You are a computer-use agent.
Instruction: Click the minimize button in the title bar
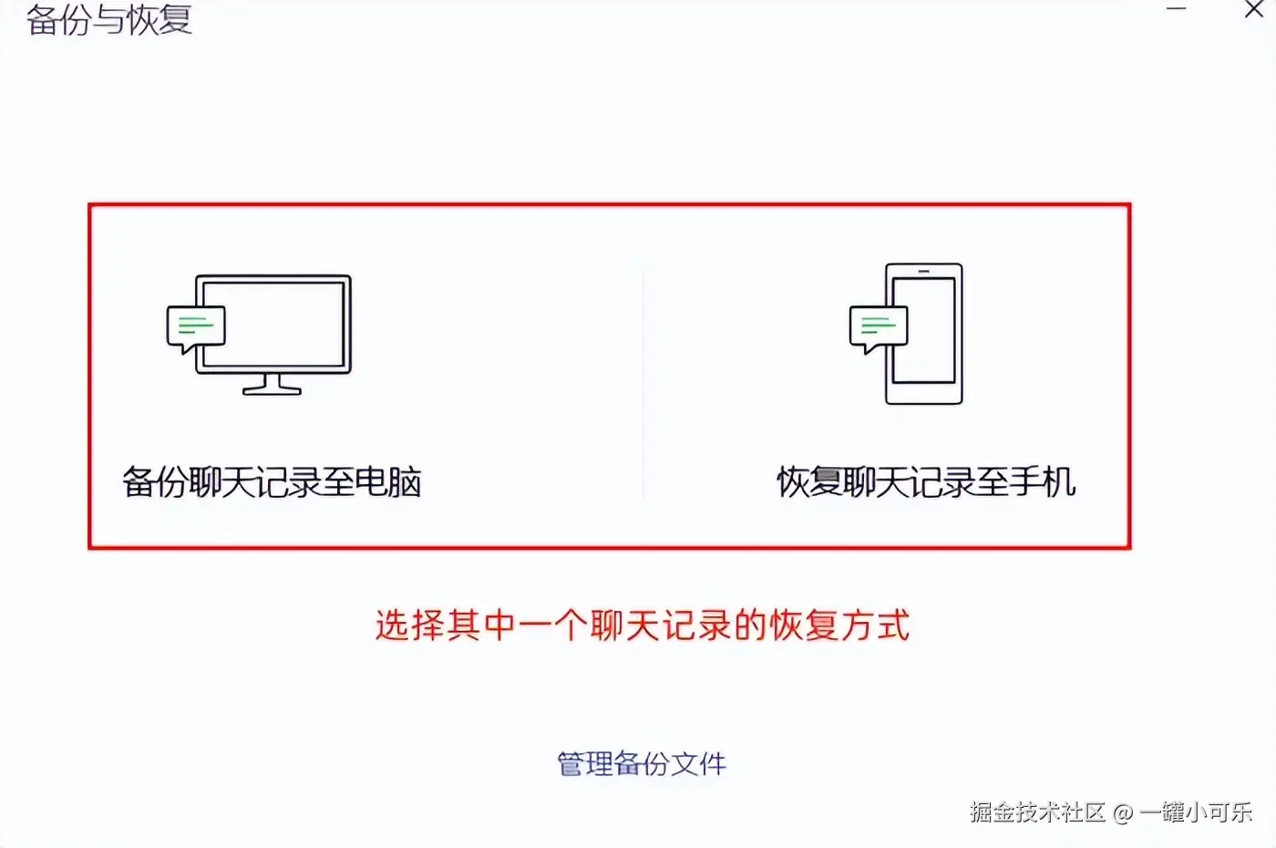pos(1176,8)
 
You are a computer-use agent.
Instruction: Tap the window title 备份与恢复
pos(109,19)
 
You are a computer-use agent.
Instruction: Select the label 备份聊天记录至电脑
pos(272,482)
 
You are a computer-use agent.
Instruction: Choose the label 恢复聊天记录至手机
pos(926,482)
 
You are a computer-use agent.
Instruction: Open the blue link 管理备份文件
pos(642,764)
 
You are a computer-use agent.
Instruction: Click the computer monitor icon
pos(273,335)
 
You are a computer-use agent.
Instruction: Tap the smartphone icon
pos(924,334)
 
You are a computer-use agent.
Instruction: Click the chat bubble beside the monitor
pos(196,329)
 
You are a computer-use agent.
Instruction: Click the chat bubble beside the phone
pos(879,329)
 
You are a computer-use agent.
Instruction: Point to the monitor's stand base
pos(272,390)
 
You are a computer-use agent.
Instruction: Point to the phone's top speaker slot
pos(924,272)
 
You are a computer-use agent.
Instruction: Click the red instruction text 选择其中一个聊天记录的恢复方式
pos(642,626)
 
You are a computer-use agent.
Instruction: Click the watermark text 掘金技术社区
pos(1037,812)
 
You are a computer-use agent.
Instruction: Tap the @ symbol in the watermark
pos(1122,813)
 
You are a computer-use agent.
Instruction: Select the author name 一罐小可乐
pos(1196,812)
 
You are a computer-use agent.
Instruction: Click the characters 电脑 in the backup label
pos(388,482)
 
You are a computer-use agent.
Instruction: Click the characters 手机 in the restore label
pos(1043,482)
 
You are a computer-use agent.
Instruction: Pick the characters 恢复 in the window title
pos(159,19)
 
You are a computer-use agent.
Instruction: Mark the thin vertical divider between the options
pos(643,382)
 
